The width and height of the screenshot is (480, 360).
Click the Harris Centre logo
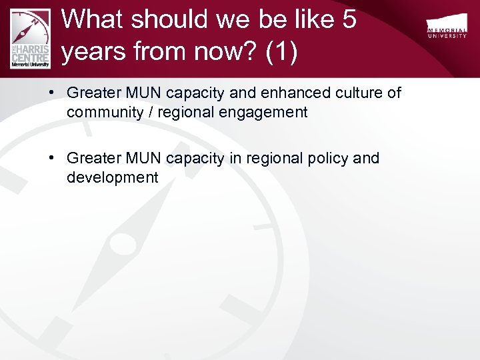[31, 37]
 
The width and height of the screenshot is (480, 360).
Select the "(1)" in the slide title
[281, 52]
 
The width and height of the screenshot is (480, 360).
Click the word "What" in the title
[92, 19]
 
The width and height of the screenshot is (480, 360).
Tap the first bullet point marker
[51, 93]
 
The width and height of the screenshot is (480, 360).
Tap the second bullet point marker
[51, 159]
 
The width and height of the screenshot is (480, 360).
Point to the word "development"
[112, 178]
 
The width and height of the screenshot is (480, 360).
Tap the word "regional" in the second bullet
[274, 159]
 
